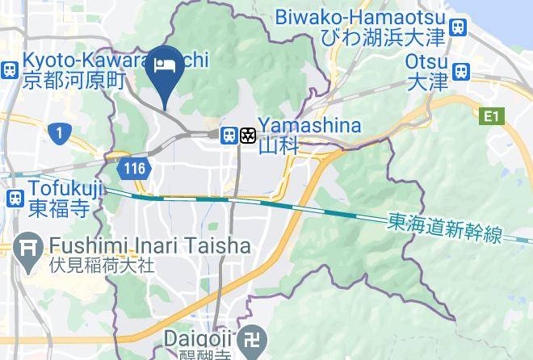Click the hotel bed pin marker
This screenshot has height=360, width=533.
pyautogui.click(x=166, y=69)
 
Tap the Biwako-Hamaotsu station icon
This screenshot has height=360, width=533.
pyautogui.click(x=459, y=27)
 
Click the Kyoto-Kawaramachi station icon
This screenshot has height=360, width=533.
pyautogui.click(x=10, y=69)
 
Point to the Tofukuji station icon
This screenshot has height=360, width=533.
pyautogui.click(x=15, y=197)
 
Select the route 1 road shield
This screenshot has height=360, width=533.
pyautogui.click(x=57, y=132)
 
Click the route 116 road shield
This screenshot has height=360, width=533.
pyautogui.click(x=134, y=169)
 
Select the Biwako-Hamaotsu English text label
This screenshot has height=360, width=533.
pyautogui.click(x=360, y=16)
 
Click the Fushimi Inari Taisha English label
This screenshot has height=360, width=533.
pyautogui.click(x=149, y=245)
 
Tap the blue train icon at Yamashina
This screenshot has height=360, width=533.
pyautogui.click(x=229, y=135)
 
